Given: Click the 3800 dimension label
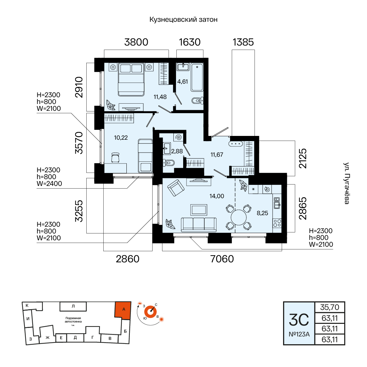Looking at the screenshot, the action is coord(136,42).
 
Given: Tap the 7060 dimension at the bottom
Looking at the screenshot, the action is coord(222,259).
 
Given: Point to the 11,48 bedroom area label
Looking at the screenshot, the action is coord(160,97).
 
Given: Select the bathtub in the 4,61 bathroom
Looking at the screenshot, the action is coord(197,77).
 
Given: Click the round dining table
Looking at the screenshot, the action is coord(239,217).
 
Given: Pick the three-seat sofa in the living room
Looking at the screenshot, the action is coord(199,225).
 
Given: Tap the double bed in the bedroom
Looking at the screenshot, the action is coord(131,79).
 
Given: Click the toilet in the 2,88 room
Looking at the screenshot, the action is coord(169,163).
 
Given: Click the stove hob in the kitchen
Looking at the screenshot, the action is coord(277,223).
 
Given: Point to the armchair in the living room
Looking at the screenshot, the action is coord(176,188).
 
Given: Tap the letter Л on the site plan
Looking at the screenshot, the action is coord(73,306).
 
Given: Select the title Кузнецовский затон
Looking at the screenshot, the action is coord(183,19).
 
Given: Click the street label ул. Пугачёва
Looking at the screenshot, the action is coord(347,183).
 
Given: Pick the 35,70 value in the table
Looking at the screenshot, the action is coord(330,307).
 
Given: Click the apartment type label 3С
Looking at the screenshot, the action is coord(299,320).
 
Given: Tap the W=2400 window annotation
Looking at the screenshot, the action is coord(49,184).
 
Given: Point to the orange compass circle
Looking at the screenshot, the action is coord(151,312).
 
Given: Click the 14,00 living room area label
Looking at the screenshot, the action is coord(217,196).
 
